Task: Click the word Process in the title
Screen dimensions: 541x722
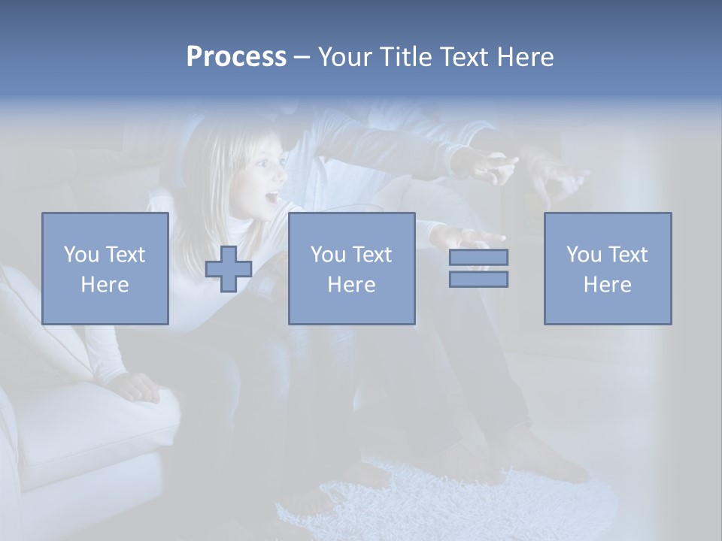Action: point(236,57)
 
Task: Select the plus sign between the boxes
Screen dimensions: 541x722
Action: point(229,269)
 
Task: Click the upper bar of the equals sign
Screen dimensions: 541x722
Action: point(478,257)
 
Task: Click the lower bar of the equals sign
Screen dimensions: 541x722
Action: point(478,280)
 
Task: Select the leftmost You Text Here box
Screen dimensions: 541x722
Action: point(105,268)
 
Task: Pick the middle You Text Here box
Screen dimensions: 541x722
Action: point(352,268)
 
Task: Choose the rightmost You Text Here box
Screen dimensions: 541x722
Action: point(608,268)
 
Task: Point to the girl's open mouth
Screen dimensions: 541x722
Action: point(269,198)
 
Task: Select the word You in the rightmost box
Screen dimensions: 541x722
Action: point(583,255)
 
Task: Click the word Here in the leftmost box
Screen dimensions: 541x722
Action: point(105,285)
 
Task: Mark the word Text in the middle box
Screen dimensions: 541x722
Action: point(372,255)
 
